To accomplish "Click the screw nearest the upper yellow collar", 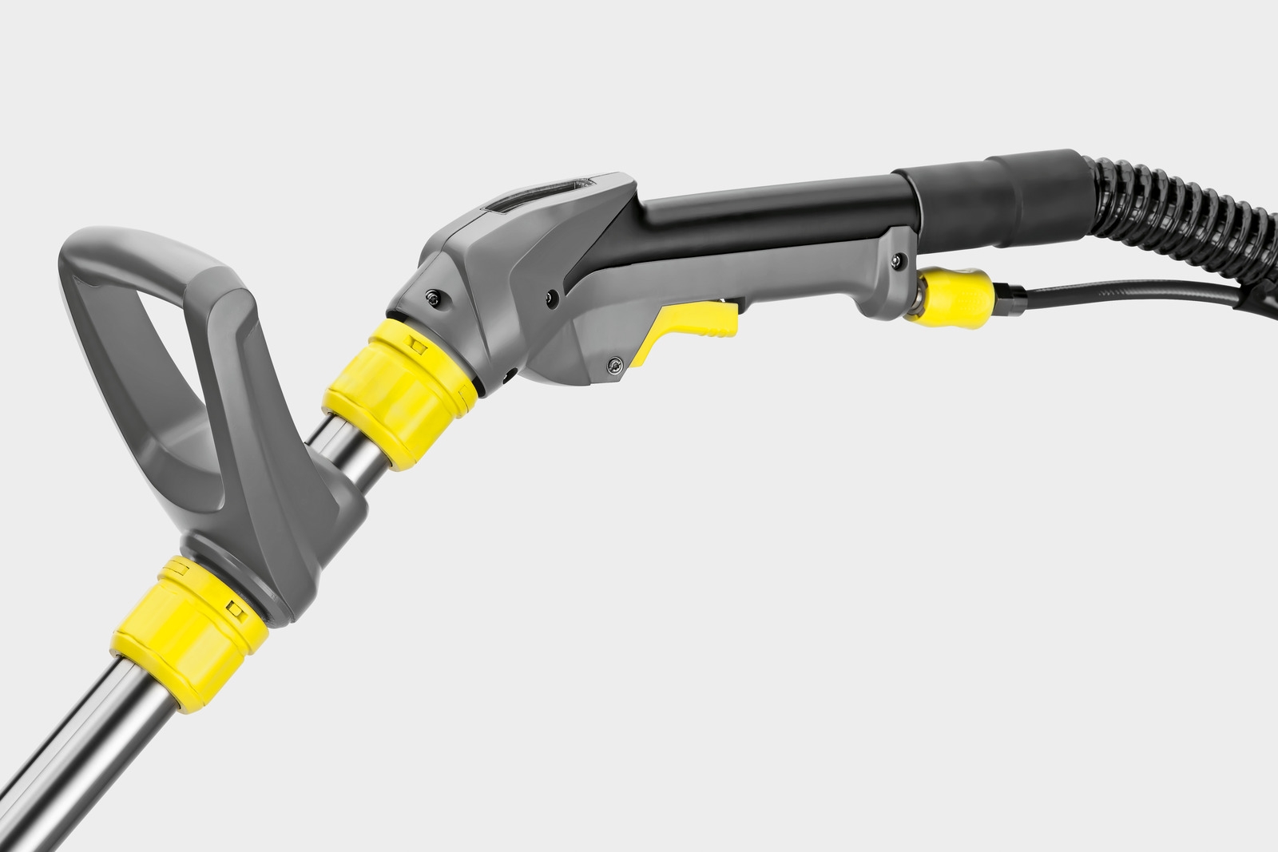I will (433, 297).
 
